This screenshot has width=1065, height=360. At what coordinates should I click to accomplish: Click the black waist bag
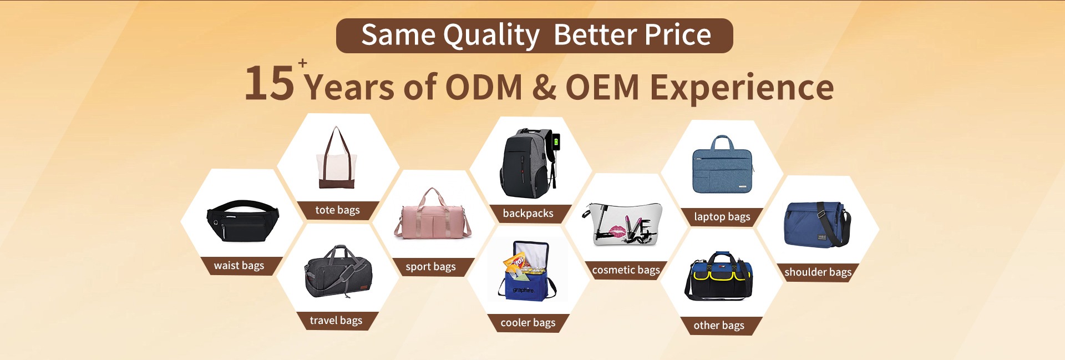click(x=242, y=220)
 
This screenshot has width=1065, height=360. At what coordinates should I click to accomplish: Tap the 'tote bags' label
click(x=337, y=210)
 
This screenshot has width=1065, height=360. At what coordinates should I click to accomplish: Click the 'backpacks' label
click(x=528, y=214)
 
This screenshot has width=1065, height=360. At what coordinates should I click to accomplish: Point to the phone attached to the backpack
click(x=556, y=141)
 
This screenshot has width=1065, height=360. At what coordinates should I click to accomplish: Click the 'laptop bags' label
click(x=722, y=217)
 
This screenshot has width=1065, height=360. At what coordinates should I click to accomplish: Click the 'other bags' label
click(x=719, y=326)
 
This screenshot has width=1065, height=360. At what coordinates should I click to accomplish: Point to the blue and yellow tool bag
click(x=719, y=276)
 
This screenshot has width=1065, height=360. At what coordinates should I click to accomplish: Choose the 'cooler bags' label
click(x=528, y=323)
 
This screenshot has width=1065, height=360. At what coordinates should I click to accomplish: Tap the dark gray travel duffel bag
click(x=338, y=272)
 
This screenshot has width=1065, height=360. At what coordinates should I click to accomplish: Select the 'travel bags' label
click(x=336, y=321)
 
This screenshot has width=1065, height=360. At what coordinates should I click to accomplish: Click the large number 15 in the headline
click(x=270, y=83)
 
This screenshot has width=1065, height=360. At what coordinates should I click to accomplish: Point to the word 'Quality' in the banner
click(x=491, y=36)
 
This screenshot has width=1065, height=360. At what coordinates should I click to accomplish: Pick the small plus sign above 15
click(x=302, y=63)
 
